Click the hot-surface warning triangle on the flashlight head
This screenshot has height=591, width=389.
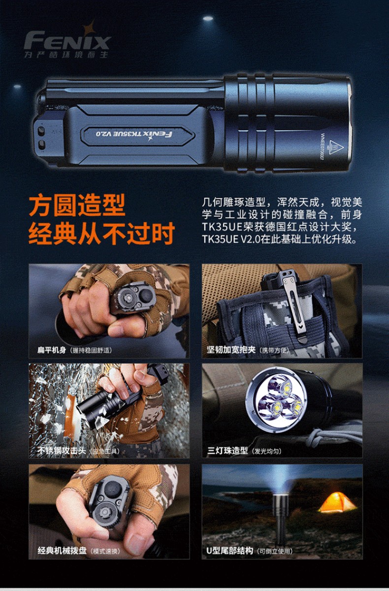click(x=336, y=146)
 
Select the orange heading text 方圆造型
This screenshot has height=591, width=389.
click(x=77, y=206)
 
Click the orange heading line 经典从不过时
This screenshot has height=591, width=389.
click(x=101, y=234)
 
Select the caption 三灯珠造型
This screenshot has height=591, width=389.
click(x=227, y=451)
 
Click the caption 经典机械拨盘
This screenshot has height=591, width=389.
click(x=62, y=551)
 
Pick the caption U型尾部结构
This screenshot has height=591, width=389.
click(x=229, y=551)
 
